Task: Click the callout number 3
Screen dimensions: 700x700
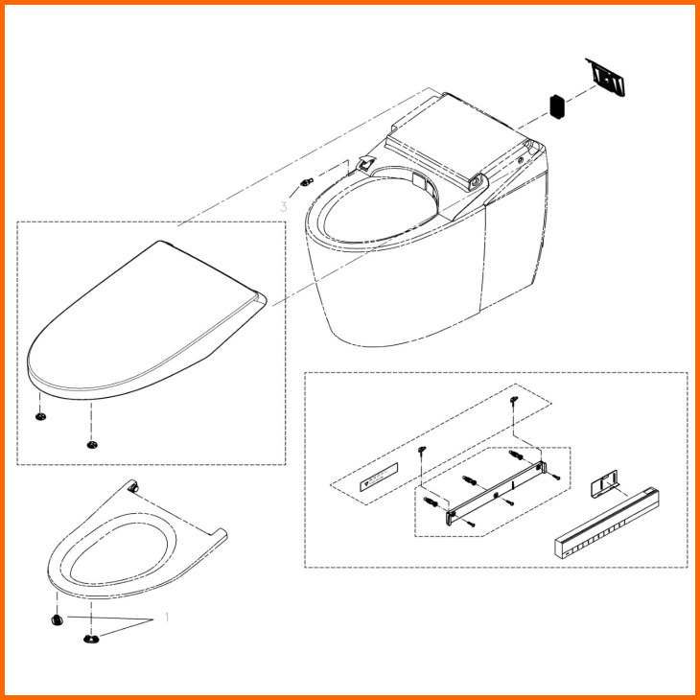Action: click(284, 207)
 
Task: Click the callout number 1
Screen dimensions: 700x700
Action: click(167, 618)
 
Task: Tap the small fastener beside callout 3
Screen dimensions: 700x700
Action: click(306, 181)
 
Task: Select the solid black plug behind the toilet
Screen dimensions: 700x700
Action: click(557, 106)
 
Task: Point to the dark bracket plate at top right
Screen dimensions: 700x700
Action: click(606, 77)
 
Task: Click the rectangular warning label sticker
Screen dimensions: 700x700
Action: click(379, 478)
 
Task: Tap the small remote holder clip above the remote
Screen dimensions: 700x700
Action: click(604, 483)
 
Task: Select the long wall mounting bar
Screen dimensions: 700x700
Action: click(496, 493)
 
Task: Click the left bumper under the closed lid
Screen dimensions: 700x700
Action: click(40, 416)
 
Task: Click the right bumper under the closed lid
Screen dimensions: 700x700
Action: click(92, 445)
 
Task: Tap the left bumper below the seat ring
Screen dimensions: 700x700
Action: click(58, 619)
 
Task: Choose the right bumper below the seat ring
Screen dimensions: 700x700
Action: click(91, 639)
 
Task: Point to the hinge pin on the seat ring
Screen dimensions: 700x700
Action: click(133, 487)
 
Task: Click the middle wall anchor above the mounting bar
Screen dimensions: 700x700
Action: click(470, 480)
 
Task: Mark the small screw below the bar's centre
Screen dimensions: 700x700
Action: click(508, 502)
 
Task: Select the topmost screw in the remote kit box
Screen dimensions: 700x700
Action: click(514, 400)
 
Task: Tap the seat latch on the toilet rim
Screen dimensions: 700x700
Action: click(365, 164)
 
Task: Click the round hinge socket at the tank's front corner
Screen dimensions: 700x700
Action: click(476, 181)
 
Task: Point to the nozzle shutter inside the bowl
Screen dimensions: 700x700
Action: click(420, 181)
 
